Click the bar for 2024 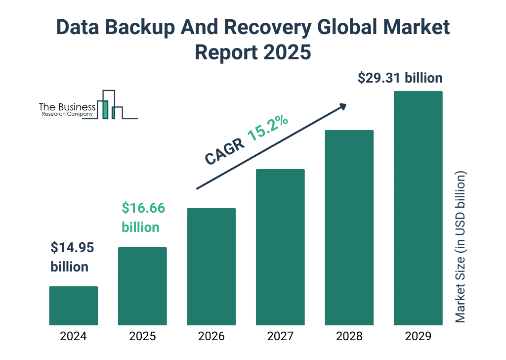(73, 306)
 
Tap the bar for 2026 (211, 267)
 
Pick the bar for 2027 (280, 247)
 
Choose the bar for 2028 (349, 227)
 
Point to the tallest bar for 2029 (418, 208)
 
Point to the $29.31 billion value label (400, 78)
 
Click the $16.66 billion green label (143, 218)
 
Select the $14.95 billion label (72, 257)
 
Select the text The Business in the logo (67, 107)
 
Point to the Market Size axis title (461, 247)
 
